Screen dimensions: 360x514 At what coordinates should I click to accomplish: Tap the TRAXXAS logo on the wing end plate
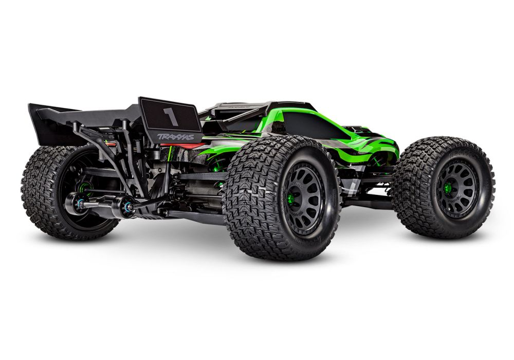point(175,137)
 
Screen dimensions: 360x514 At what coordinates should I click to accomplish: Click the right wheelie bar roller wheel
point(125,206)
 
